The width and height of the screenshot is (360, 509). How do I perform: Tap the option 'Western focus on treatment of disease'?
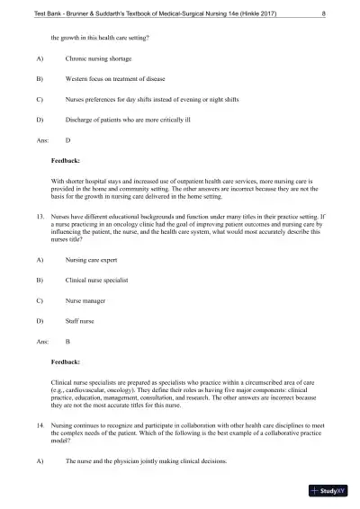[x=117, y=79]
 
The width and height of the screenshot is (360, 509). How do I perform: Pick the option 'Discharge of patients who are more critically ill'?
[x=130, y=120]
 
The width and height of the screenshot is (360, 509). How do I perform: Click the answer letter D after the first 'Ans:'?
[x=69, y=140]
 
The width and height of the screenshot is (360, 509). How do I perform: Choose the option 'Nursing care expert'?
[x=94, y=260]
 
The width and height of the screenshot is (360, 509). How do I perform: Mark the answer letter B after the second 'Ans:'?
[x=69, y=342]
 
